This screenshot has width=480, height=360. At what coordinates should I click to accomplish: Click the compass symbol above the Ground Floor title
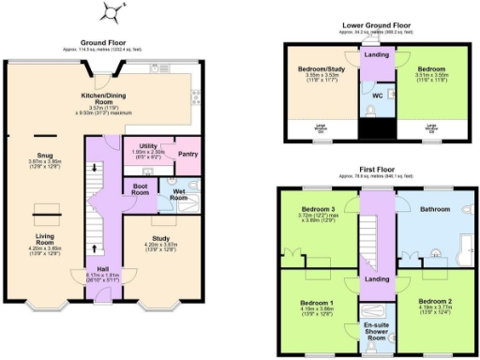[x=112, y=12]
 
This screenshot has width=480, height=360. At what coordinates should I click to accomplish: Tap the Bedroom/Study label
[x=321, y=69]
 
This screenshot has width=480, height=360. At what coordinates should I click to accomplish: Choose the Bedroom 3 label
[x=318, y=208]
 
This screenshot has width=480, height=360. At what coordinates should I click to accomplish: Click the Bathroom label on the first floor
[x=437, y=209]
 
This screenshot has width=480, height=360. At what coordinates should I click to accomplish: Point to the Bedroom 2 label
[x=436, y=302]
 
